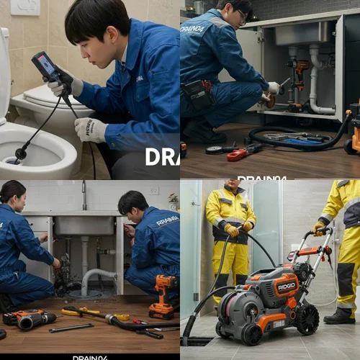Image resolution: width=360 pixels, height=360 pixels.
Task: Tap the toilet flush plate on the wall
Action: click(24, 6)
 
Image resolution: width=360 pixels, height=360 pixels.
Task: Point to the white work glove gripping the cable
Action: click(91, 129)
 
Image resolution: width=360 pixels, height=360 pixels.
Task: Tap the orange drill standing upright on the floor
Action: click(163, 295)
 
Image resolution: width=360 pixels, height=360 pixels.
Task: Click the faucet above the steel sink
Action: click(84, 196)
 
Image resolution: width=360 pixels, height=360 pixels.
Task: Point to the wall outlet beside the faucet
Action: click(153, 191)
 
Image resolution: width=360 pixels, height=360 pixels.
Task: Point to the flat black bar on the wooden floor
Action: click(71, 328)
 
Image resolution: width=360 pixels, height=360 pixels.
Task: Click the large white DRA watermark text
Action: click(161, 157)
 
